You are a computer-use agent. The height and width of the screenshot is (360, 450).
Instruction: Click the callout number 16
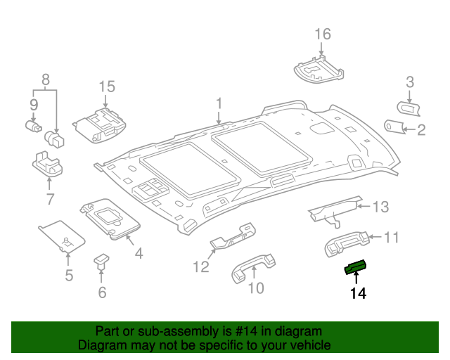pos(322,34)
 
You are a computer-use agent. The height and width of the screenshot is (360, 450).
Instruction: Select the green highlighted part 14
pos(355,266)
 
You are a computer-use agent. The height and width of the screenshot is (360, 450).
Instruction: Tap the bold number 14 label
pos(358,293)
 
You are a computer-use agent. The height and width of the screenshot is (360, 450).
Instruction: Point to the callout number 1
pos(219,104)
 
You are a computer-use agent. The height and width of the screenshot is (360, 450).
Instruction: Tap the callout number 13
pos(380,207)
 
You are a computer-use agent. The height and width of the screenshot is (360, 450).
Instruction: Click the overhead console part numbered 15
pos(101,124)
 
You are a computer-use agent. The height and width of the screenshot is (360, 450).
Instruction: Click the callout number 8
pos(46,79)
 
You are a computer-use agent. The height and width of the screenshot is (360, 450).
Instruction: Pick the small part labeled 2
pos(395,126)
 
